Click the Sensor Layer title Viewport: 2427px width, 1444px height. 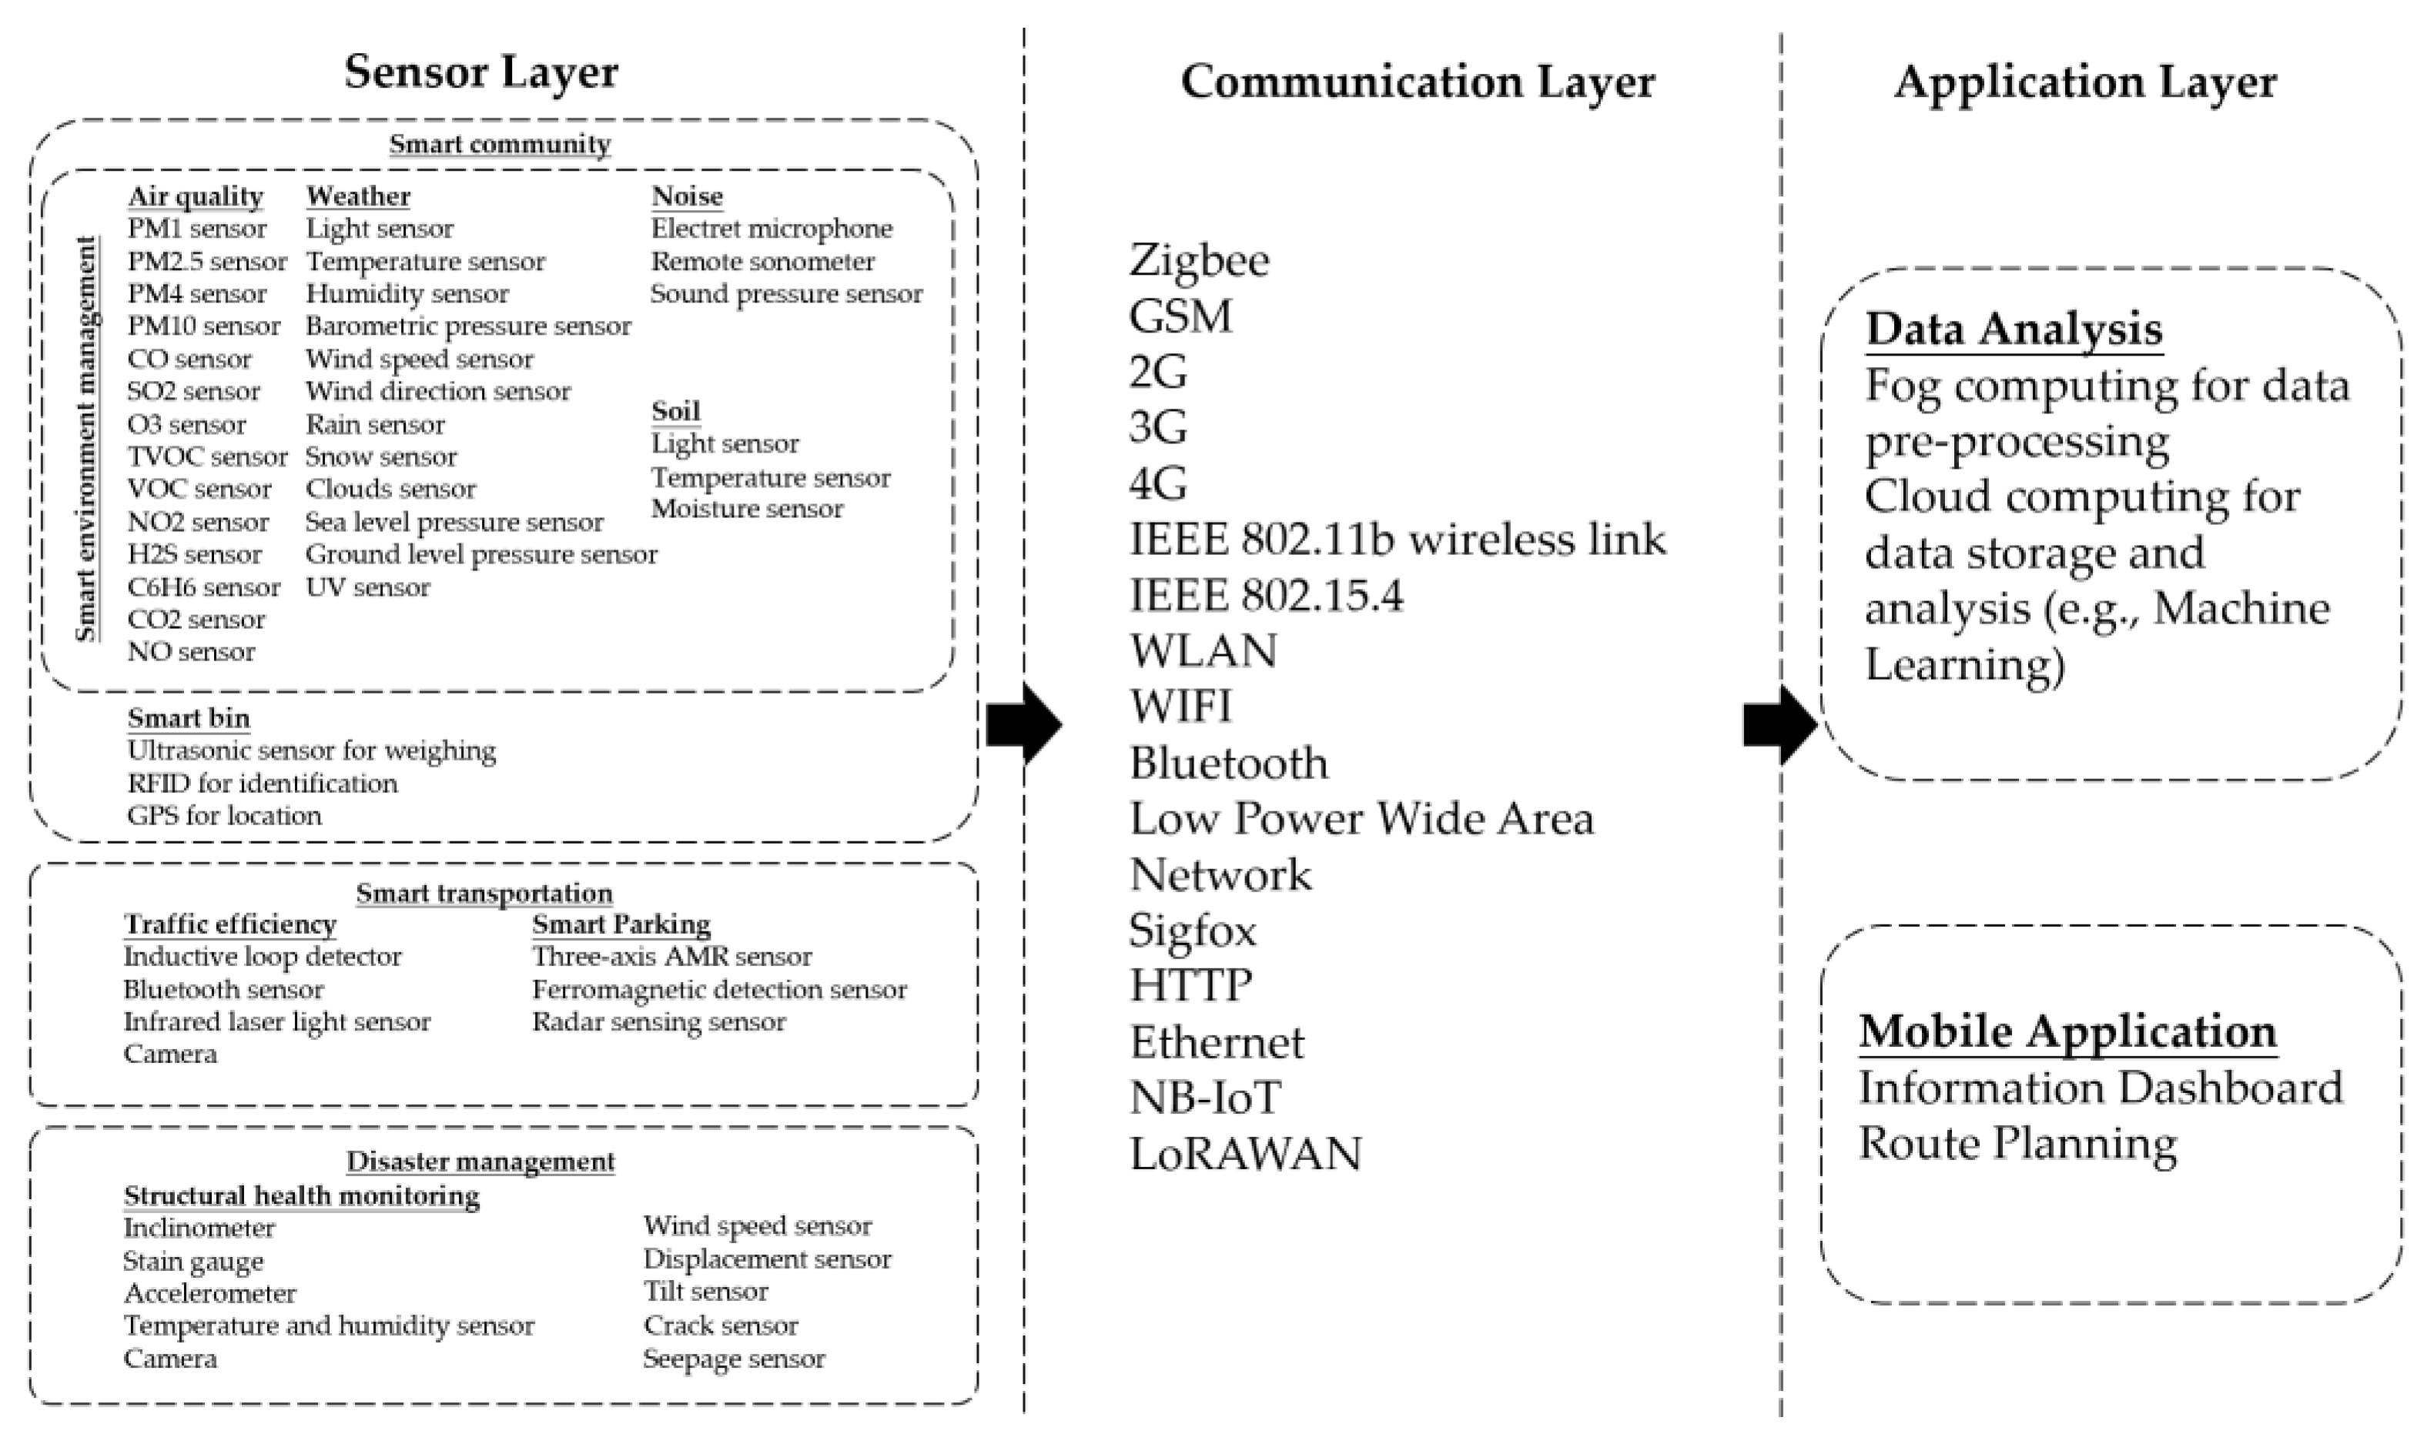pyautogui.click(x=480, y=72)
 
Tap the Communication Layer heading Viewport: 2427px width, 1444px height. pyautogui.click(x=1417, y=82)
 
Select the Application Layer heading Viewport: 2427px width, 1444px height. pyautogui.click(x=2084, y=82)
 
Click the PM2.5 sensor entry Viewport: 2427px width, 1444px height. pyautogui.click(x=206, y=262)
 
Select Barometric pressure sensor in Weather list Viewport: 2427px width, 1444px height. pyautogui.click(x=468, y=326)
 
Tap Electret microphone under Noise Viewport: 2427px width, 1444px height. pyautogui.click(x=771, y=229)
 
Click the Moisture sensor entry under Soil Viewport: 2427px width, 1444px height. pyautogui.click(x=746, y=509)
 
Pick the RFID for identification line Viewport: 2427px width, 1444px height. pyautogui.click(x=262, y=784)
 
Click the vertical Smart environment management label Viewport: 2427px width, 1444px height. pyautogui.click(x=86, y=438)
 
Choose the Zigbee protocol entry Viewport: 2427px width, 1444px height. pyautogui.click(x=1198, y=261)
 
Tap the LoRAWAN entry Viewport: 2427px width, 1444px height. pyautogui.click(x=1244, y=1154)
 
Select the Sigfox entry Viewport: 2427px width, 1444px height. pyautogui.click(x=1192, y=931)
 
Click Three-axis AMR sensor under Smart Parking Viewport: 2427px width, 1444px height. pyautogui.click(x=671, y=957)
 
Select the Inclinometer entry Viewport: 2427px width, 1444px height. pyautogui.click(x=199, y=1228)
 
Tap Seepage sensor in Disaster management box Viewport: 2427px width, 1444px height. pyautogui.click(x=733, y=1359)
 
